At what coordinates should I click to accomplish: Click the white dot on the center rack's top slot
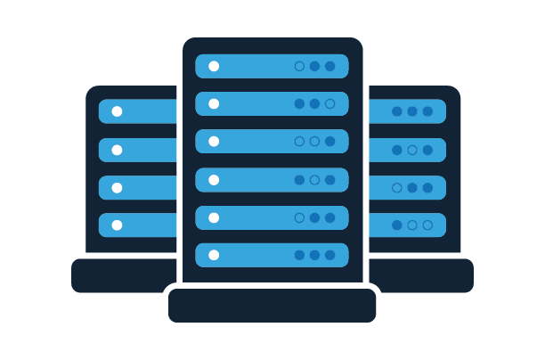[214, 66]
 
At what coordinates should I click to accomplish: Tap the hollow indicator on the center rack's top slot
[299, 66]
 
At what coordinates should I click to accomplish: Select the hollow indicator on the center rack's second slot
[329, 103]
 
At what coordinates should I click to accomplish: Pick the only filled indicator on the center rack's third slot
[329, 141]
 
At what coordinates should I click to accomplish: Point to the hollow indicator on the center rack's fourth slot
[314, 180]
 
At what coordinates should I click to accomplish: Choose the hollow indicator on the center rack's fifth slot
[299, 217]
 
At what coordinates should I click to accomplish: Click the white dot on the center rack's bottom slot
[214, 255]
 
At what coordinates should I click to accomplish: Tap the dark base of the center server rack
[272, 306]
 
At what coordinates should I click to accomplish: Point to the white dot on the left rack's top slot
[117, 111]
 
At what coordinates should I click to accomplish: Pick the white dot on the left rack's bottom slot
[117, 225]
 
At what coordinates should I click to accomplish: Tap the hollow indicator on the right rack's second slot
[412, 150]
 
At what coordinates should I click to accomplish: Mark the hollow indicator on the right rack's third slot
[397, 188]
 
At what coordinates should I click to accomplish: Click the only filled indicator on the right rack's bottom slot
[397, 225]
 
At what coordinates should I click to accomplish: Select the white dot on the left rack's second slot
[117, 150]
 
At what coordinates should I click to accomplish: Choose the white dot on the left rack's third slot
[117, 188]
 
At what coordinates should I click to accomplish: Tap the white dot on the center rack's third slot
[214, 141]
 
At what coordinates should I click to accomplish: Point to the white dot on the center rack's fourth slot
[214, 180]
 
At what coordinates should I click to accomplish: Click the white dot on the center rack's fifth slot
[214, 217]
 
